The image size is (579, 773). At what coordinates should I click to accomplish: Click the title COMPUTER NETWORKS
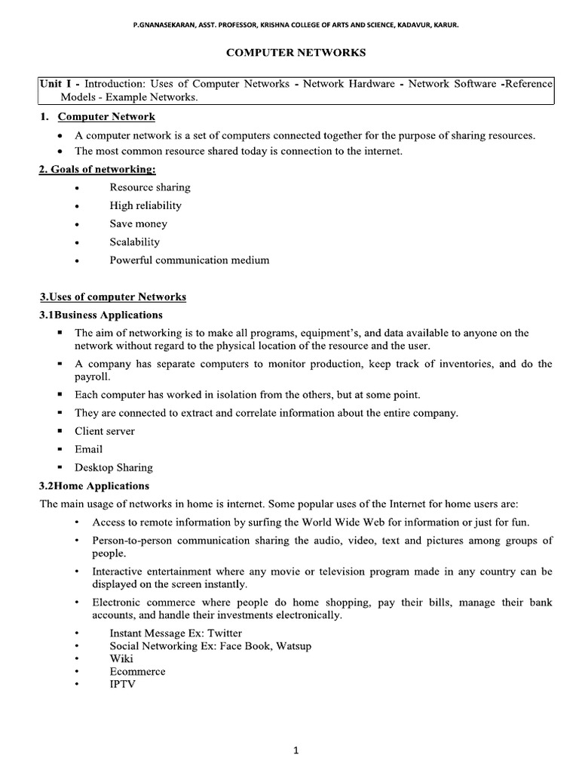[296, 53]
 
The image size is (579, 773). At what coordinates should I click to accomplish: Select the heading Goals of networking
[97, 169]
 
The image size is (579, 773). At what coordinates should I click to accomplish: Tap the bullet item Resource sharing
[149, 187]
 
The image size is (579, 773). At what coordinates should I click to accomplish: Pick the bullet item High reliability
[146, 205]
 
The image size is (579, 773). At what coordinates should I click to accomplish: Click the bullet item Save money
[139, 223]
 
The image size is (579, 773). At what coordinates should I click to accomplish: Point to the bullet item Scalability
[135, 242]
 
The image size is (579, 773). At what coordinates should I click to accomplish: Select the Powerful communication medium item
[189, 260]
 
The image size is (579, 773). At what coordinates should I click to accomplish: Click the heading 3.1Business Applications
[101, 314]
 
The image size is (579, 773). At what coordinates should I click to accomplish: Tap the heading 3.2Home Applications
[94, 485]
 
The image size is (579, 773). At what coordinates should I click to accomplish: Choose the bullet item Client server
[105, 431]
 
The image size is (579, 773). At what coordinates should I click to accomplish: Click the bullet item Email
[88, 449]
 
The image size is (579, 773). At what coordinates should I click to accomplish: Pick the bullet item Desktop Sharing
[113, 467]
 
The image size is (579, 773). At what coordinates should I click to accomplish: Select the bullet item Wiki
[121, 658]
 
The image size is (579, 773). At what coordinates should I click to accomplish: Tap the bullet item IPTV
[123, 683]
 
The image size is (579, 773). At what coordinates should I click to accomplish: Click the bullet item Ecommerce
[137, 671]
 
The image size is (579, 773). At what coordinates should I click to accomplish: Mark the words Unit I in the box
[57, 84]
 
